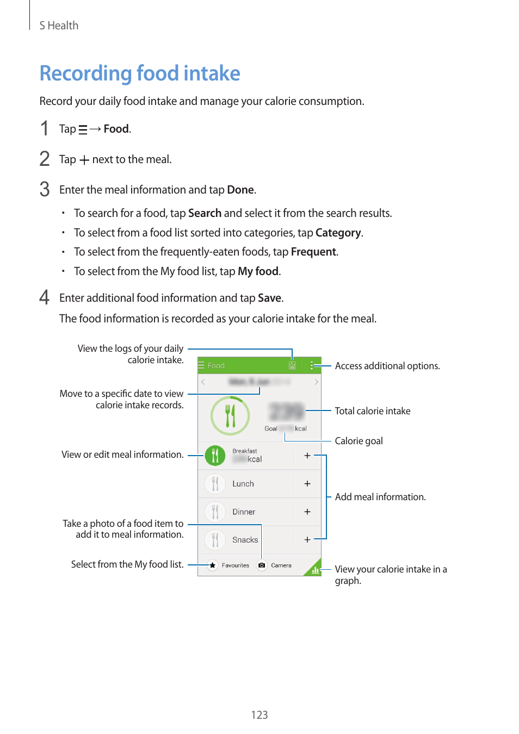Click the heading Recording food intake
pos(140,73)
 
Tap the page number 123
pos(259,715)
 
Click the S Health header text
pos(59,26)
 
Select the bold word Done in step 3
pos(240,190)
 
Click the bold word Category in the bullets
pos(338,233)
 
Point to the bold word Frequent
pos(313,252)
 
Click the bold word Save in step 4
pos(269,298)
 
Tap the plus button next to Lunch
pos(307,483)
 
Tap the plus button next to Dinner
pos(307,512)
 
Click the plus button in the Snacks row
pos(307,539)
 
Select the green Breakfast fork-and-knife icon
pos(215,456)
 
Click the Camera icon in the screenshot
pos(262,565)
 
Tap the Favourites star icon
pos(213,565)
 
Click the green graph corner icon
pos(314,569)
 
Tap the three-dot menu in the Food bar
pos(312,365)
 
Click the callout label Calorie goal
pos(359,441)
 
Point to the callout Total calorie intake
pos(372,411)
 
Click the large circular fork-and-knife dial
pos(230,416)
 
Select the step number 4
pos(45,297)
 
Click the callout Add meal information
pos(380,497)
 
